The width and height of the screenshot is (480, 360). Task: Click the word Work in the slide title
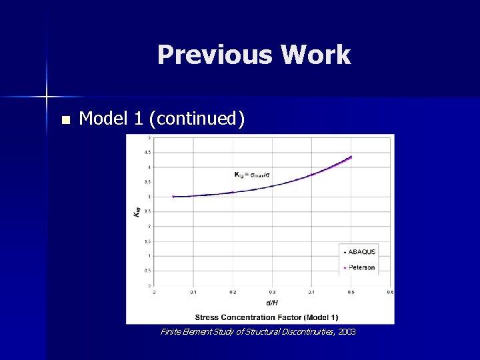(315, 55)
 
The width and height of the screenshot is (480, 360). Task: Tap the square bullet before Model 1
(65, 120)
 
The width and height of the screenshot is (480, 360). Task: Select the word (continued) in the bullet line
(197, 119)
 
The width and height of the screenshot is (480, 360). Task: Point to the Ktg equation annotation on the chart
(252, 175)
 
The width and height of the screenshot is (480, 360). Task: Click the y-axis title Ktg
(137, 211)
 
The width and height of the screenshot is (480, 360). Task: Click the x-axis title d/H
(271, 302)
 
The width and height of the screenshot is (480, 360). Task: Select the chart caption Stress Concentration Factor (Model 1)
(266, 316)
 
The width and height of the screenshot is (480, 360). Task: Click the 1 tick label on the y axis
(148, 256)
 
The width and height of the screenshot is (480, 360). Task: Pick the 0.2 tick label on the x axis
(233, 292)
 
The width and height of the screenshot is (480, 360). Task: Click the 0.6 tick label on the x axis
(390, 292)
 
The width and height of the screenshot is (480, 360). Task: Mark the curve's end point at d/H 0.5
(351, 157)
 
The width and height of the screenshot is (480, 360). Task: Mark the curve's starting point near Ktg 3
(173, 197)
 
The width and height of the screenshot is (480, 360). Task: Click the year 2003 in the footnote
(347, 331)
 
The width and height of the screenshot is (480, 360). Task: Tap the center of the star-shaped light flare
(47, 97)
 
